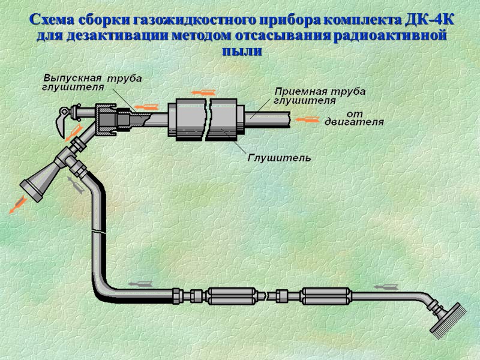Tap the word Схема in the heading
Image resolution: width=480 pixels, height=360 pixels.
(x=52, y=20)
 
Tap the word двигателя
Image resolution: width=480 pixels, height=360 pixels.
(x=354, y=122)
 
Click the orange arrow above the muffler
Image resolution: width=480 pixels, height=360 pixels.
(x=202, y=93)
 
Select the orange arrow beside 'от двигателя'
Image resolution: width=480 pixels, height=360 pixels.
(x=308, y=120)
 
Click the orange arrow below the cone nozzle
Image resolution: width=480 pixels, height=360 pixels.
(x=16, y=206)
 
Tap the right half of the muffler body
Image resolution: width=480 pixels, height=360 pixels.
(x=227, y=120)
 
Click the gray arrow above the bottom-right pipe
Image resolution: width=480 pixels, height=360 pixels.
(x=392, y=284)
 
